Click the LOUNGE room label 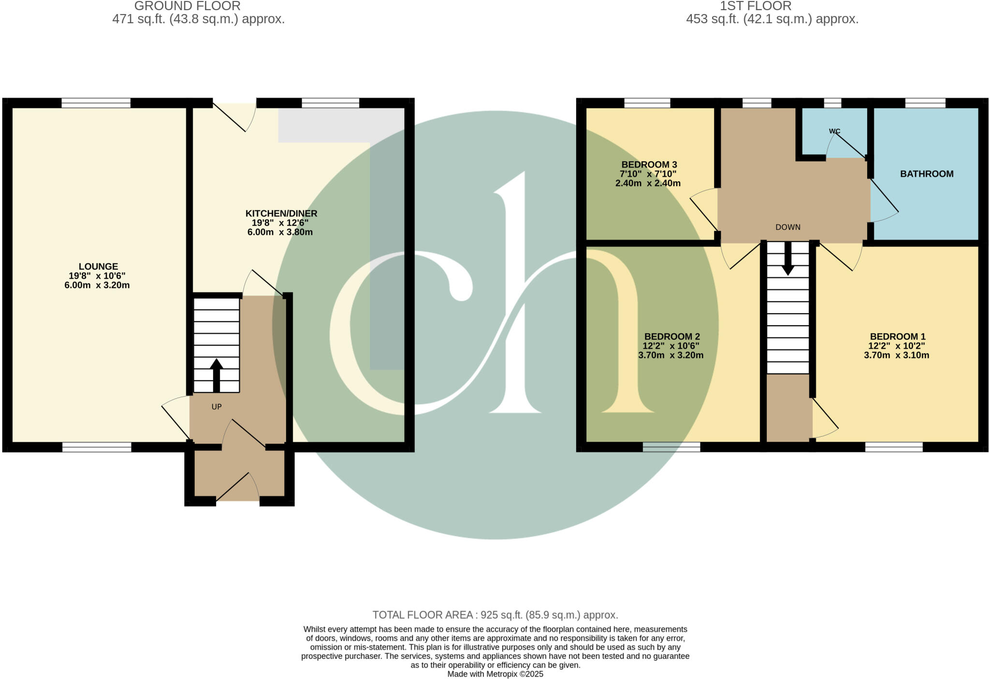pos(98,267)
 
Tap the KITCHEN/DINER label pos(281,214)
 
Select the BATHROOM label pos(927,174)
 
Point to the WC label pos(834,131)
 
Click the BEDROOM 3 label pos(649,165)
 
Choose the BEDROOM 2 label pos(672,337)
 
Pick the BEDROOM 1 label pos(897,337)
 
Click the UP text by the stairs pos(217,407)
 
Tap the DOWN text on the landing pos(788,227)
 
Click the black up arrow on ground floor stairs pos(216,375)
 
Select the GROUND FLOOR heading pos(188,6)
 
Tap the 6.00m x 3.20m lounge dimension pos(97,286)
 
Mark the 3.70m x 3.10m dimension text pos(896,356)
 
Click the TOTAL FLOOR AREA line pos(495,615)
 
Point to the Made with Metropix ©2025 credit pos(495,674)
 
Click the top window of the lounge pos(96,103)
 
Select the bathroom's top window pos(925,103)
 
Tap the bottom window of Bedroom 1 pos(893,447)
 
